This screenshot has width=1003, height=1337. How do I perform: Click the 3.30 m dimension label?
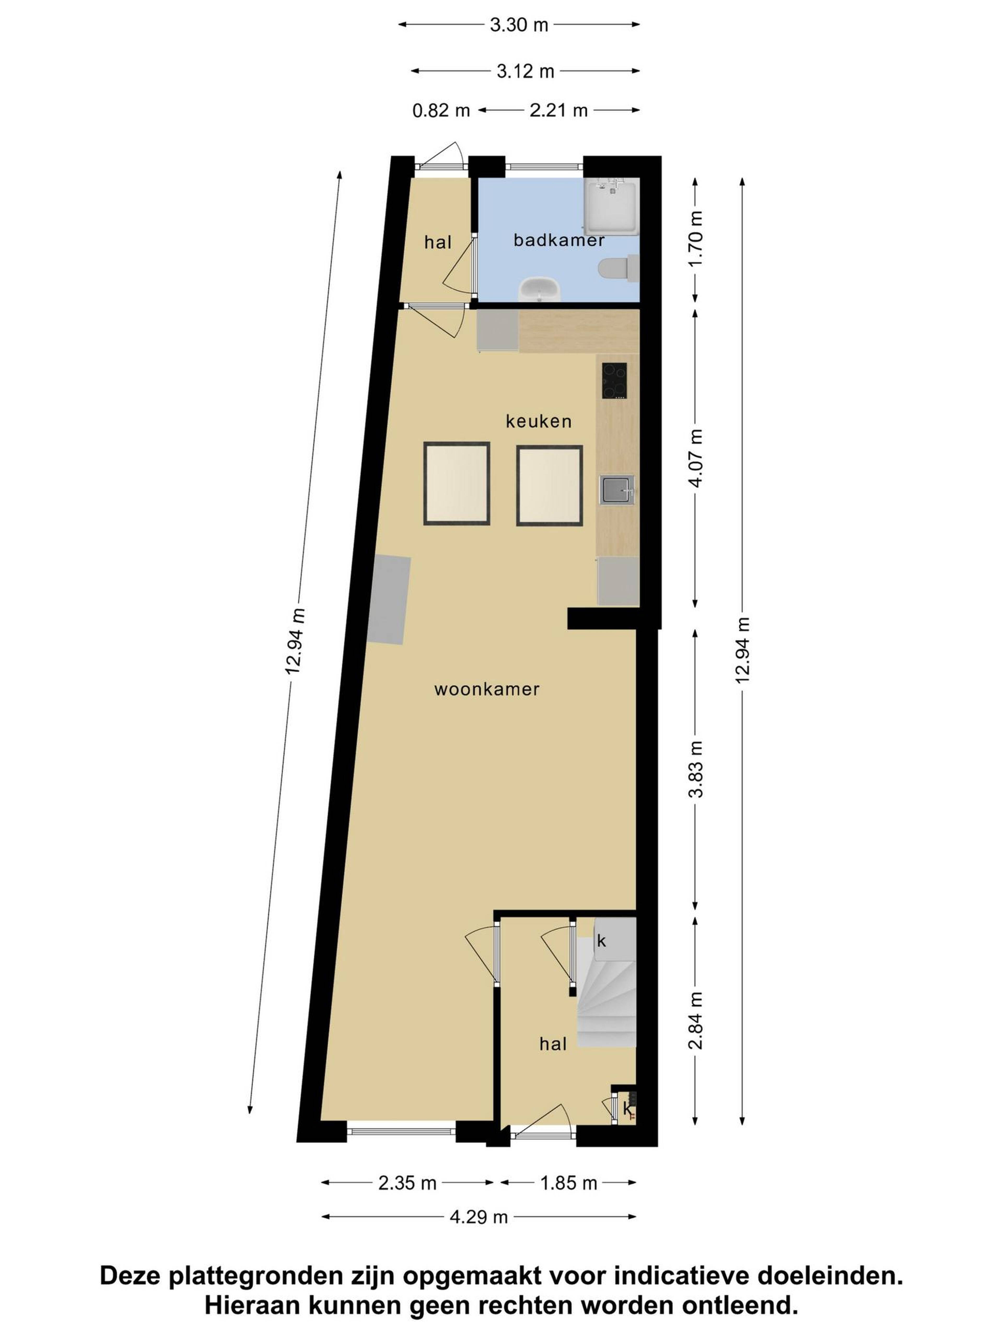tap(519, 25)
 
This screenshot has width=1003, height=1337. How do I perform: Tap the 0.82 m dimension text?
tap(441, 111)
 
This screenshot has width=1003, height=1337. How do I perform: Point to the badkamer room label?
tap(559, 241)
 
